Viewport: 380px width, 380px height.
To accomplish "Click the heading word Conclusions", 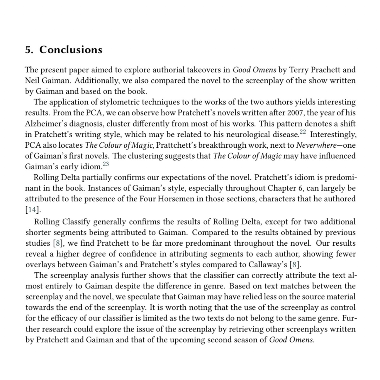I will (x=71, y=50).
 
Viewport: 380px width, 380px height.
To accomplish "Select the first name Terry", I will (x=299, y=70).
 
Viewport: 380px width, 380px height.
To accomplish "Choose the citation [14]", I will (x=32, y=210).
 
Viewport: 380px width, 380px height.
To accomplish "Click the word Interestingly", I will (x=333, y=134).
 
